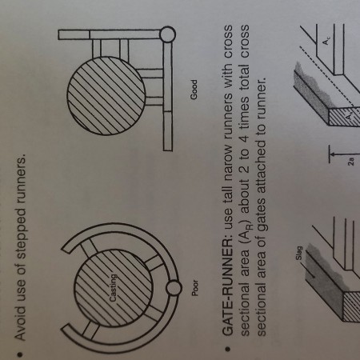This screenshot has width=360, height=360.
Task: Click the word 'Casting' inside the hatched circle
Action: point(114,288)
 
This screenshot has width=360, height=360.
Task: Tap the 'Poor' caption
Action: point(195,287)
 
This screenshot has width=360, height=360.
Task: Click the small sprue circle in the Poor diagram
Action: point(174,288)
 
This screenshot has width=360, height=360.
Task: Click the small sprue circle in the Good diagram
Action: point(167,34)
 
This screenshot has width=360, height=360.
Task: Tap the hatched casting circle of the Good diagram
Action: point(106,95)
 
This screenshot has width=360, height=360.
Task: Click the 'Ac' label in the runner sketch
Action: point(326,42)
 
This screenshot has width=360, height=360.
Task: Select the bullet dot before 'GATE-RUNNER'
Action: point(227,349)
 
